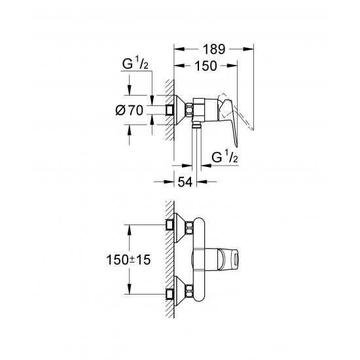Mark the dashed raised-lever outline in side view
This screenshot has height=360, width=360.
pos(244,120)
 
